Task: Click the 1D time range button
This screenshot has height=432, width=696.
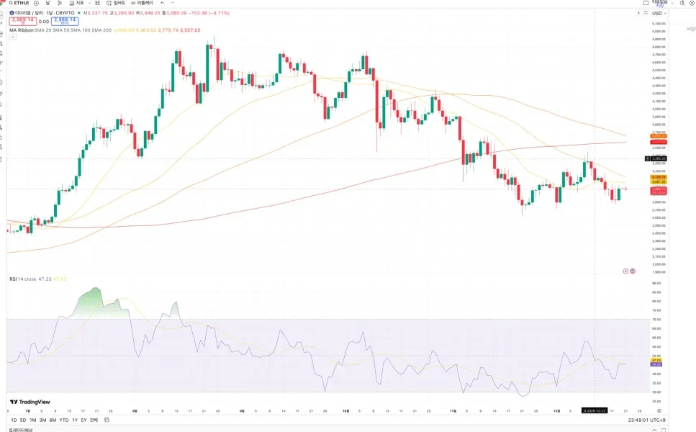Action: (14, 420)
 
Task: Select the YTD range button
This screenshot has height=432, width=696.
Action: (63, 420)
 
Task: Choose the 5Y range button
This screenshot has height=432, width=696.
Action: (83, 420)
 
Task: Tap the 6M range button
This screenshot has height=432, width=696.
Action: (53, 420)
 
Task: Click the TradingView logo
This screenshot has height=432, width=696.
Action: (30, 402)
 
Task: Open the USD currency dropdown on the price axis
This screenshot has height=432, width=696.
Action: (657, 13)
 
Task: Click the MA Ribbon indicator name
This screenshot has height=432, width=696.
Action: (22, 30)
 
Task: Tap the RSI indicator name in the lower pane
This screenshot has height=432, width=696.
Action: (13, 279)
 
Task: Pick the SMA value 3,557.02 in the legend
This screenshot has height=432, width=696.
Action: (189, 30)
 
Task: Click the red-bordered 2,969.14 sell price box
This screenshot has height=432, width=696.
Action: (22, 21)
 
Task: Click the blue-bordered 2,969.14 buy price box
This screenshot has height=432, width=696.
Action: (65, 21)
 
